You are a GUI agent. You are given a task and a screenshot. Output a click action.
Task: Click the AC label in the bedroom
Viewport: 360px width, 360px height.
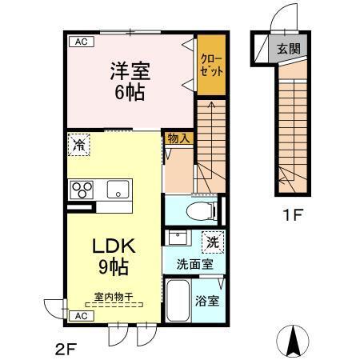coord(81,42)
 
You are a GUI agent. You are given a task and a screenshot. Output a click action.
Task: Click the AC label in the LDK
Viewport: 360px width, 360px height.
coord(81,316)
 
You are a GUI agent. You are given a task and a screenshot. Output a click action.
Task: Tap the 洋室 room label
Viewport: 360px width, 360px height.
coord(128,70)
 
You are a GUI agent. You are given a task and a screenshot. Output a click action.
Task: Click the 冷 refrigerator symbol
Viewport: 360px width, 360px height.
coord(78,145)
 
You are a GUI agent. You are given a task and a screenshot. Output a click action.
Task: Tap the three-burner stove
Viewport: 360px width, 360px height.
coord(82,190)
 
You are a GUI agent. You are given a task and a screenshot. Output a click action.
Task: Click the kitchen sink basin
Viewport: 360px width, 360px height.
coord(118,190)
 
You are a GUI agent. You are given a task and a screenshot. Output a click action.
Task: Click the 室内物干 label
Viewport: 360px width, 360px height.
coord(114,298)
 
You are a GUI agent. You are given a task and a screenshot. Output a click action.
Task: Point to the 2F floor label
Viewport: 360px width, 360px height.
coord(66,347)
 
